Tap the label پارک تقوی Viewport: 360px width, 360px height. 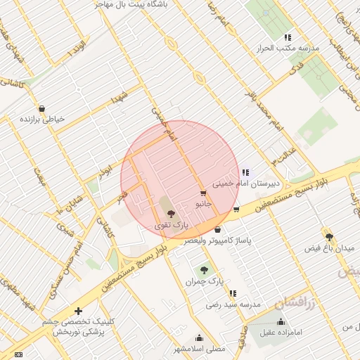172,225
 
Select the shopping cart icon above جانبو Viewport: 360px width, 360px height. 203,193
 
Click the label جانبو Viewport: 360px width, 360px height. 203,203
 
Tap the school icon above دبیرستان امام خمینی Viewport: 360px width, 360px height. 245,172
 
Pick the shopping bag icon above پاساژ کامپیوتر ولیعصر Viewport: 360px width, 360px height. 217,229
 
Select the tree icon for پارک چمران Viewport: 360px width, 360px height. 204,270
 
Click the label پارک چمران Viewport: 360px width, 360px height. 204,281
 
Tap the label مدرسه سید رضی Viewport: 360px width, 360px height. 233,304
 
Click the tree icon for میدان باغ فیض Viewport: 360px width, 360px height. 328,236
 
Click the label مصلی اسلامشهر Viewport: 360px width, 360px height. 200,348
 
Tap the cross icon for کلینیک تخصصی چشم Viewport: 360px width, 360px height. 77,311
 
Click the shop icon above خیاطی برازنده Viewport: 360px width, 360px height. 42,109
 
